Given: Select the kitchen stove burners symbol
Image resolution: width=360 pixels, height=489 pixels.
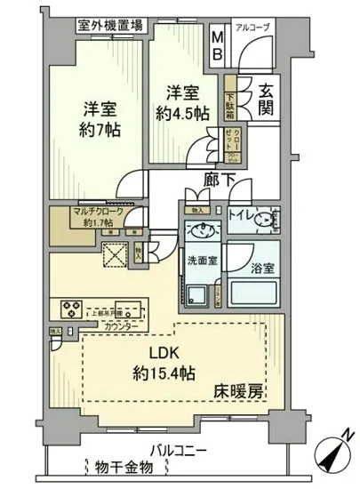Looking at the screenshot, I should (x=70, y=309).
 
